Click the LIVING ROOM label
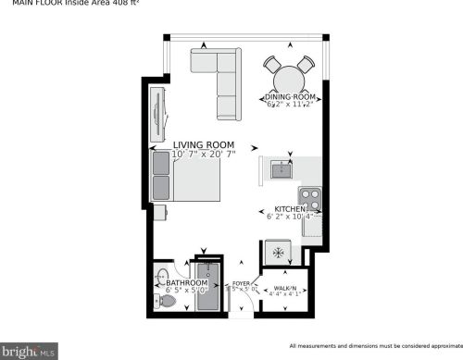click(x=204, y=144)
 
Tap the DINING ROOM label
click(x=292, y=96)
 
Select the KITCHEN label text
click(x=291, y=209)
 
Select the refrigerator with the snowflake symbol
click(x=276, y=253)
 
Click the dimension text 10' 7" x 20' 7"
click(x=204, y=154)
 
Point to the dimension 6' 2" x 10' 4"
click(x=293, y=217)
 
